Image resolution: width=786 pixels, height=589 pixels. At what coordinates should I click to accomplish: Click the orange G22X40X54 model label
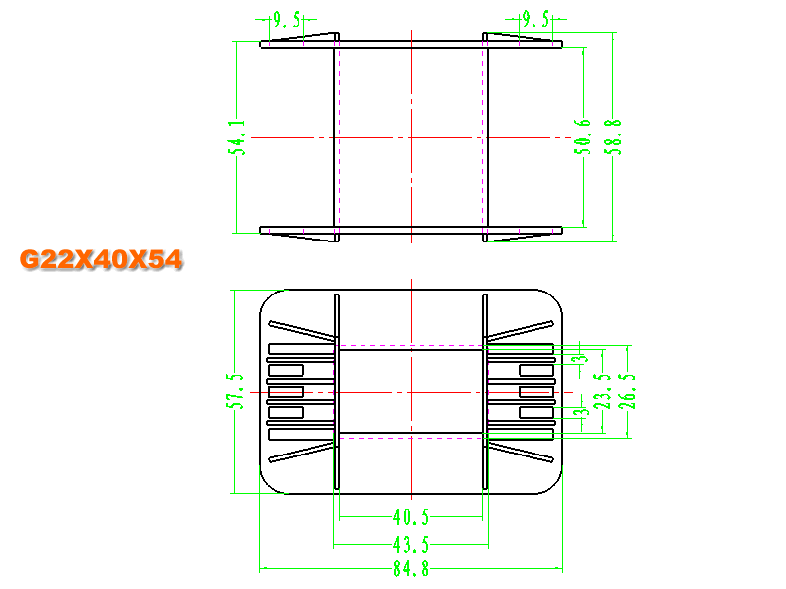[101, 260]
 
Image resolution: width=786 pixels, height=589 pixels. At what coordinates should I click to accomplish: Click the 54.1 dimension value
[237, 137]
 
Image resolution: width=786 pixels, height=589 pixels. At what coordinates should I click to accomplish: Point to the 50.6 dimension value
[583, 136]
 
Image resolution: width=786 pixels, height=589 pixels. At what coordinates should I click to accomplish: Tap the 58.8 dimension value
[613, 136]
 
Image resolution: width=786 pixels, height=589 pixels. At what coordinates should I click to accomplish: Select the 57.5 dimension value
[235, 391]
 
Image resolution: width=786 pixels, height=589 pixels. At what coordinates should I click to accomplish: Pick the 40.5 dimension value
[411, 517]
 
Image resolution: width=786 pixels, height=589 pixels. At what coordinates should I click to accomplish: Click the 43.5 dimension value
[411, 544]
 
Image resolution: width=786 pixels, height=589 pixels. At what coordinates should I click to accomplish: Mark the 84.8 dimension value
[411, 569]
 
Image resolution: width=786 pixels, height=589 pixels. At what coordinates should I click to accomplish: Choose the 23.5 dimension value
[602, 391]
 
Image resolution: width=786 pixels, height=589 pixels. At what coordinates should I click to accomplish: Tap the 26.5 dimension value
[627, 391]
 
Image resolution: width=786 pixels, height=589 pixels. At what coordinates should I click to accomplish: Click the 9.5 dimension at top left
[287, 20]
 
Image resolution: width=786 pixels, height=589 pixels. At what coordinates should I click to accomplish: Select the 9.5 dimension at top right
[535, 20]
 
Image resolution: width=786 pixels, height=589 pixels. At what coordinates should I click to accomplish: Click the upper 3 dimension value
[582, 358]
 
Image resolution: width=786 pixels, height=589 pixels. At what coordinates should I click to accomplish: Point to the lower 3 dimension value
[582, 412]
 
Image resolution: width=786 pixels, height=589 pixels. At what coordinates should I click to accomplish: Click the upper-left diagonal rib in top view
[303, 329]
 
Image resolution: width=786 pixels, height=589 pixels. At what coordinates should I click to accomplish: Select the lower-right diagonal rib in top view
[521, 452]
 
